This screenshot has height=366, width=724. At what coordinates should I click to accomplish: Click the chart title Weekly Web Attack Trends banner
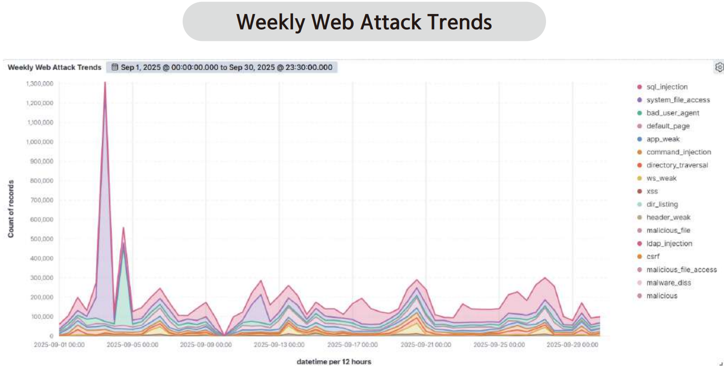[364, 22]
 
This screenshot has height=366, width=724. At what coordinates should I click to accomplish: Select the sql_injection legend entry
[667, 87]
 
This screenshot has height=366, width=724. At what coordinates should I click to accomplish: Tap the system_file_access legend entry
[678, 100]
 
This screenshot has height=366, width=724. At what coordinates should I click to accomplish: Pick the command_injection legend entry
[678, 152]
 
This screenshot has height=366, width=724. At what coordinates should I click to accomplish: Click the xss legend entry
[652, 191]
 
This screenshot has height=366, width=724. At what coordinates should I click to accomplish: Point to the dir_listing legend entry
[662, 204]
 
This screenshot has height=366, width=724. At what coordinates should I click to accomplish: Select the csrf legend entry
[653, 256]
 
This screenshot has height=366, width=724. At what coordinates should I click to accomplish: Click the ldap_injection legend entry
[669, 244]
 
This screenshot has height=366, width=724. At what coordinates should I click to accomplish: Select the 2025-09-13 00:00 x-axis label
[279, 345]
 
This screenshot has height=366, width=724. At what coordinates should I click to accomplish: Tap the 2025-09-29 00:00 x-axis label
[572, 345]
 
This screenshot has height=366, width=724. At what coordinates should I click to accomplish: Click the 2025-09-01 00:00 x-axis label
[59, 345]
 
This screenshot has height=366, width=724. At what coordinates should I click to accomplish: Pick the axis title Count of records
[10, 208]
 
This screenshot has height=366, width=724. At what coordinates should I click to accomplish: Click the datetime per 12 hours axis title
[334, 361]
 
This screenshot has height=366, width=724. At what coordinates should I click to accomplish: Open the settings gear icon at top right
[719, 67]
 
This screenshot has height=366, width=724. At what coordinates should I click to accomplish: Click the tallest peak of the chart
[105, 83]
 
